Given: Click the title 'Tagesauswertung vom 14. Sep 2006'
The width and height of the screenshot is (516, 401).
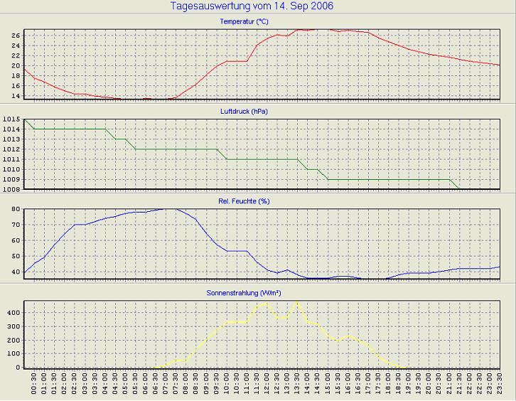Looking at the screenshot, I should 252,6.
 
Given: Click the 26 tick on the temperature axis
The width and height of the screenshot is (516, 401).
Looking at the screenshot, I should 16,35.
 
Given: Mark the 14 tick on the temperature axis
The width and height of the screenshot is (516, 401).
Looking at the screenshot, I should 16,95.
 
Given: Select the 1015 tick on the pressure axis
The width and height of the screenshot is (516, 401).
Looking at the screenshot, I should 11,119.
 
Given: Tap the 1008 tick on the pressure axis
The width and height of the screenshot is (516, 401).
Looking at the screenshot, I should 11,189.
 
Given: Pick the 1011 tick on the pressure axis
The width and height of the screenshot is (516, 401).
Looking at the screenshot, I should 11,159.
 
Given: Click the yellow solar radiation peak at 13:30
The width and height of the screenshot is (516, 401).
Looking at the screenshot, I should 296,302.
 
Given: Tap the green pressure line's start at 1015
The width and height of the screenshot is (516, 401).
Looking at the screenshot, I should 25,119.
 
